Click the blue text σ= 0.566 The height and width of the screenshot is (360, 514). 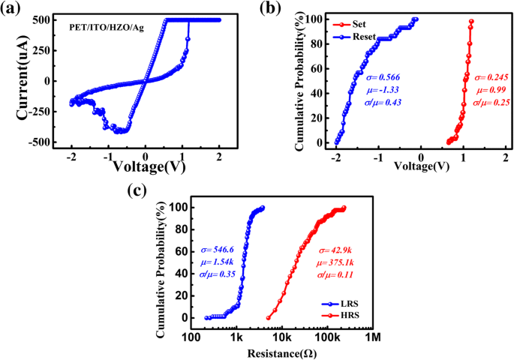pyautogui.click(x=384, y=77)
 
